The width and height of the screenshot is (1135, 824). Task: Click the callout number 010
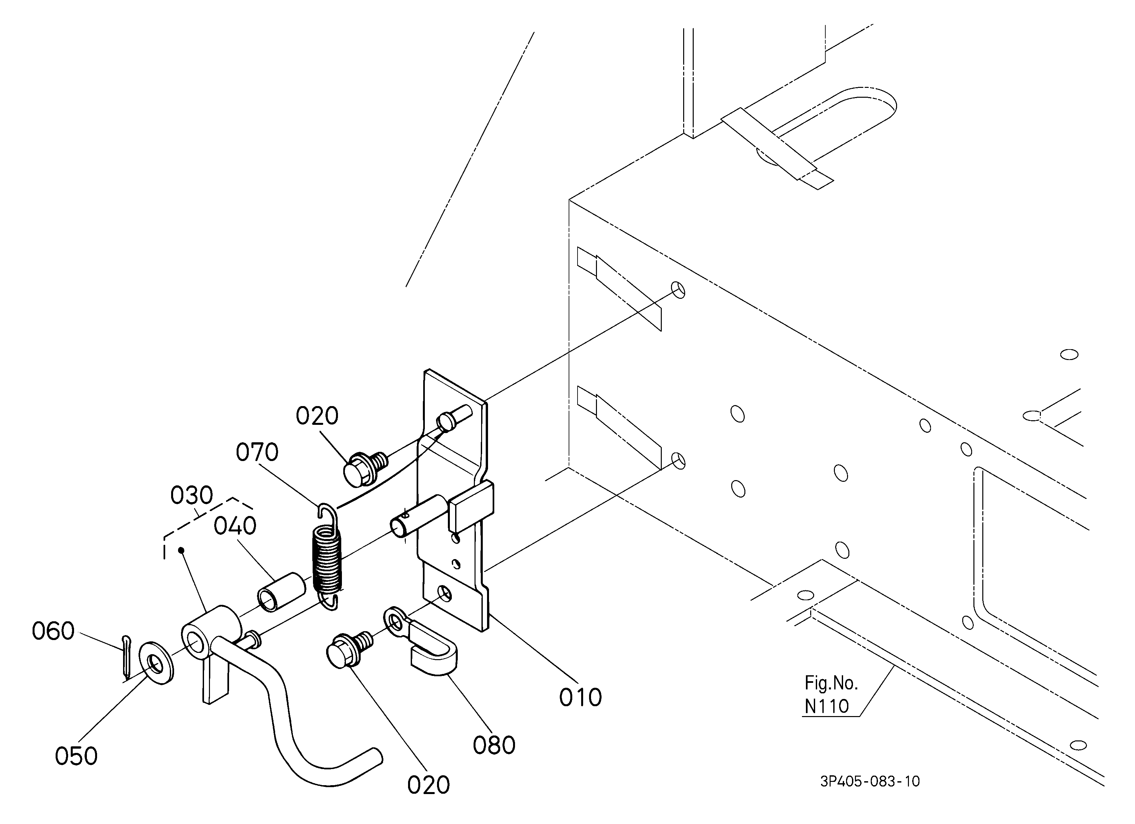point(580,697)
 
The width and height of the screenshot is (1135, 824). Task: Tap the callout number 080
point(494,745)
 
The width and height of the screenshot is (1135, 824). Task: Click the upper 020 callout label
point(317,416)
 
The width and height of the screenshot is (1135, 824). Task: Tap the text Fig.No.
point(831,683)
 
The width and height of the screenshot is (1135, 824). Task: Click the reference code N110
point(827,706)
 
